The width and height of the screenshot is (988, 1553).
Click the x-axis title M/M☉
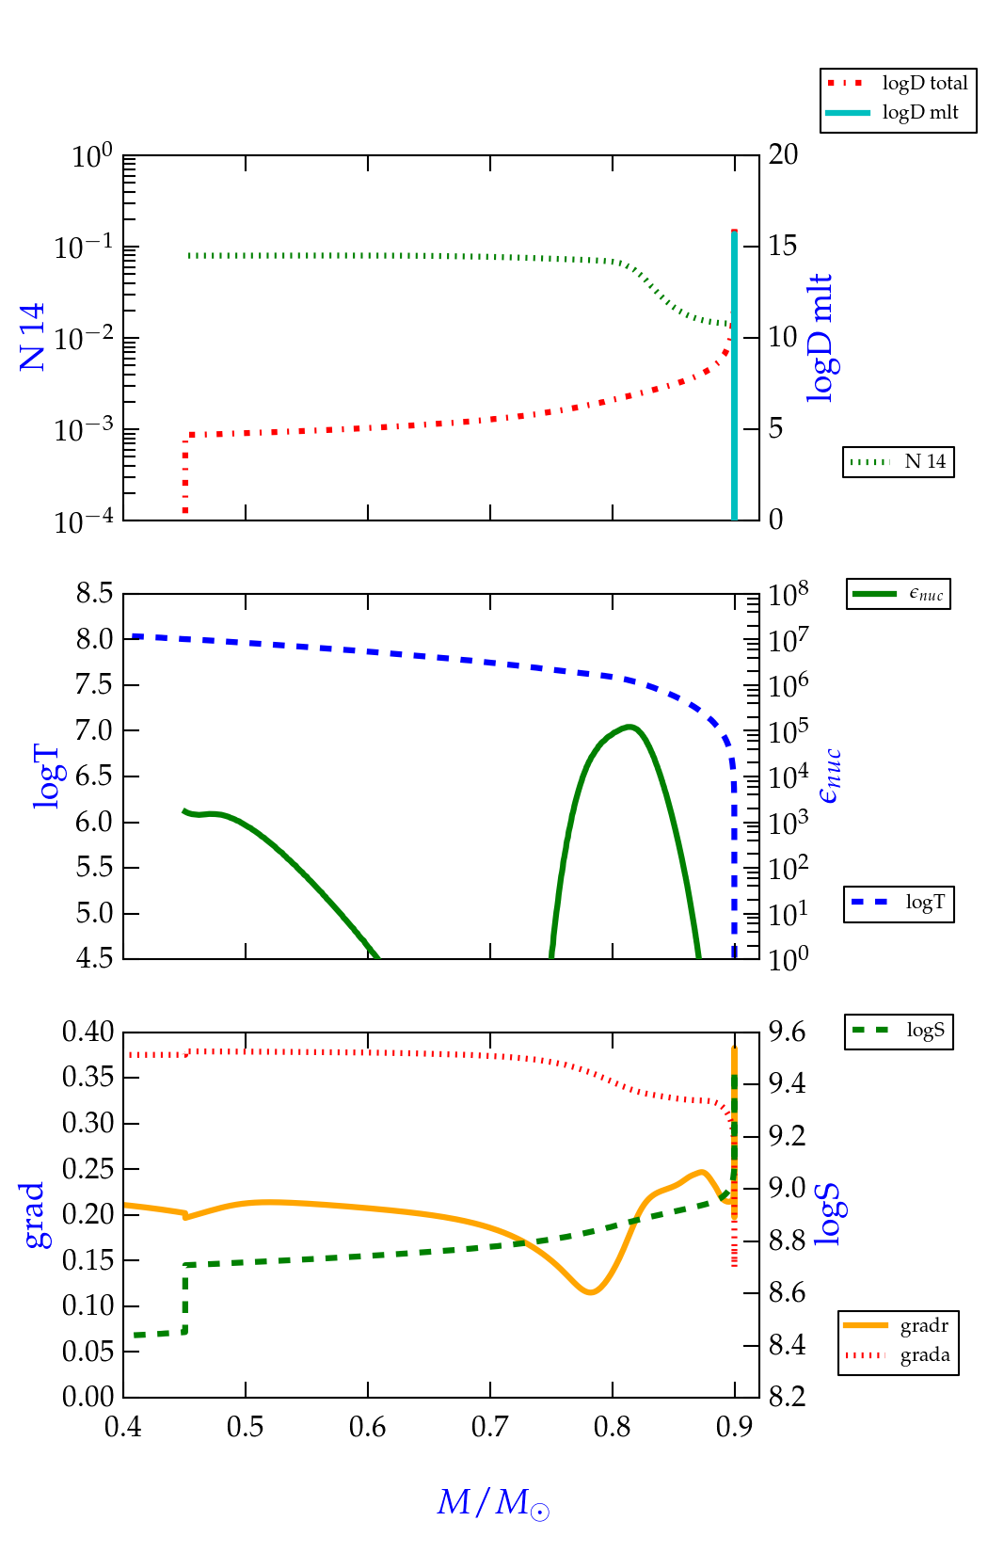tap(493, 1502)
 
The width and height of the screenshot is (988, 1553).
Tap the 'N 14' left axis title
tap(32, 337)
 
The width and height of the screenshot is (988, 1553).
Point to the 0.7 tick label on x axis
tap(490, 1428)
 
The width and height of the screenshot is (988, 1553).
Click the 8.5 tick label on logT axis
tap(94, 594)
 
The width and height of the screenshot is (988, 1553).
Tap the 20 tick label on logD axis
tap(783, 154)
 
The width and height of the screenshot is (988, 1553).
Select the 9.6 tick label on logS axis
tap(787, 1033)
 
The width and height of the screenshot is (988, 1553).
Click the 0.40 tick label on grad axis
tap(88, 1032)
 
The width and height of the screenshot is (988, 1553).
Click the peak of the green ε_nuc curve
tap(629, 727)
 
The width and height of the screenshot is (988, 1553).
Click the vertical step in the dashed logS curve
tap(185, 1298)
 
